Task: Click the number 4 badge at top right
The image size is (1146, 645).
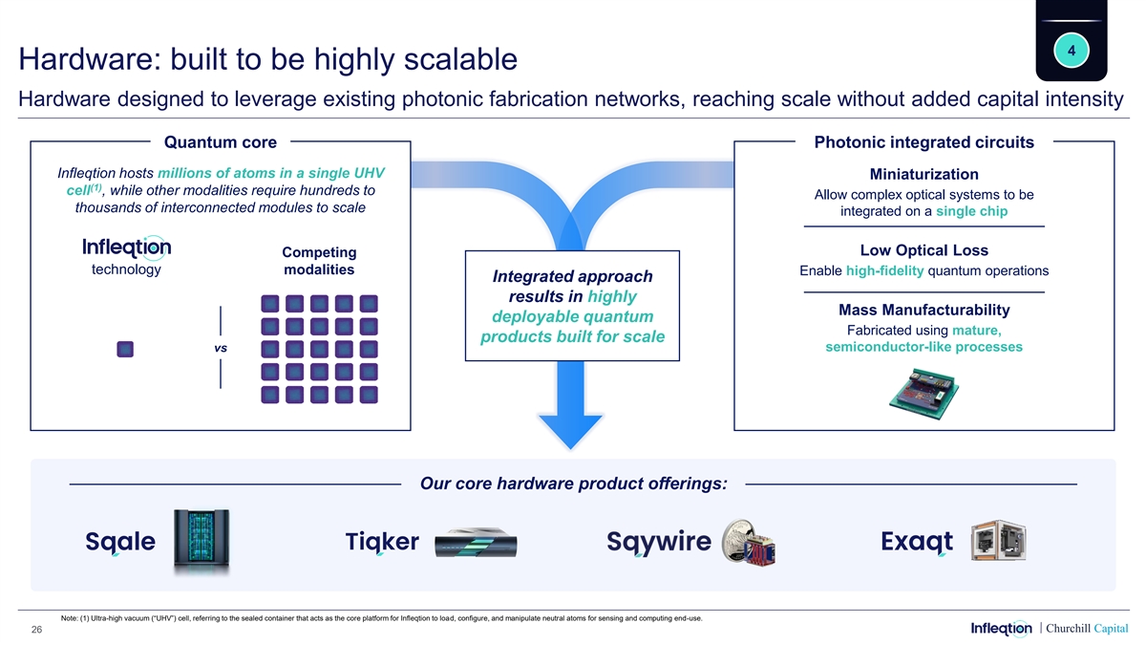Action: (1072, 51)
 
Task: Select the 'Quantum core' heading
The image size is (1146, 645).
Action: (221, 142)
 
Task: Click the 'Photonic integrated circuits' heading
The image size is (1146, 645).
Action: (923, 142)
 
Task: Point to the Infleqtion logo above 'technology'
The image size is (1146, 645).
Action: (127, 247)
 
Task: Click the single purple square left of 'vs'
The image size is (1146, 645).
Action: (125, 349)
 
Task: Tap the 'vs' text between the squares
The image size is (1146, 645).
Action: (221, 348)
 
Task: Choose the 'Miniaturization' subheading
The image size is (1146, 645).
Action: (923, 174)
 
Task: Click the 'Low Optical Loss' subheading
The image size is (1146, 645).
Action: (923, 250)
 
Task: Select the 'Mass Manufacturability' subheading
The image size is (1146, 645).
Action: (923, 310)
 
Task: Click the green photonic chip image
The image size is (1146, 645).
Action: (924, 393)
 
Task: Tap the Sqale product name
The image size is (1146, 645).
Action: (120, 542)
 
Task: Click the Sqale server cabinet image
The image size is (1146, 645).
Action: (201, 542)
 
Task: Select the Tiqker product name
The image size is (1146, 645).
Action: (382, 542)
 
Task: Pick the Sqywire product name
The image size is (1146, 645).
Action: (659, 542)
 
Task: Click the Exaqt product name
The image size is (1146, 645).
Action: (918, 542)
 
